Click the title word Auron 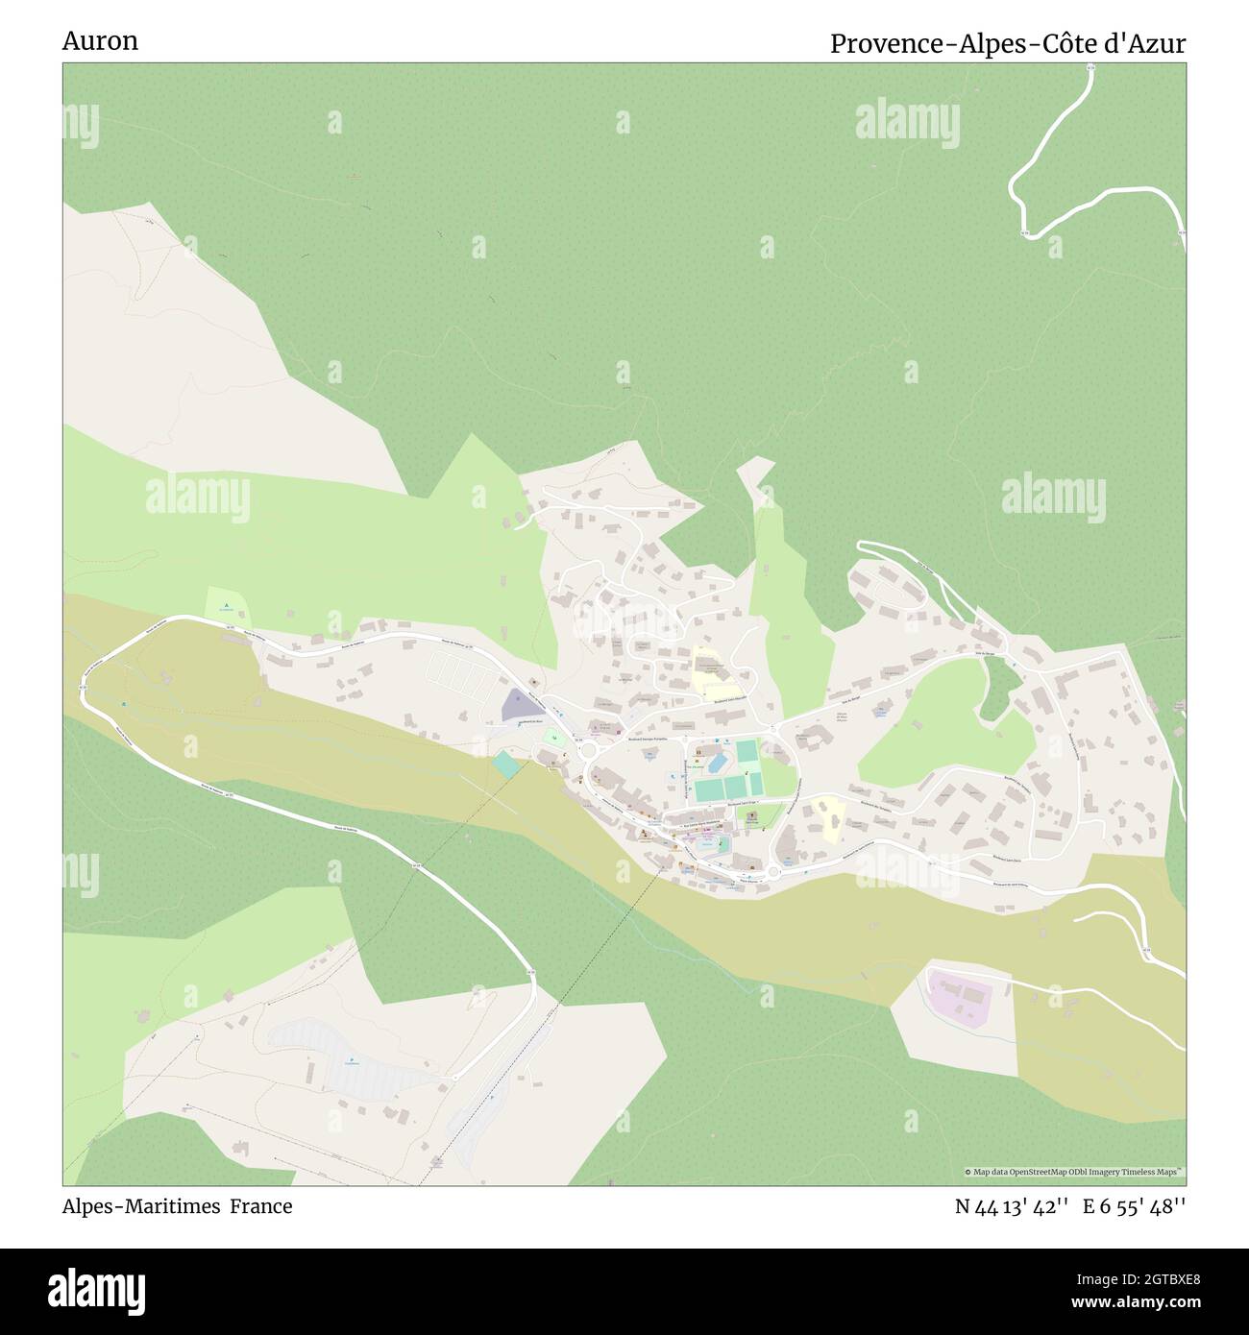[100, 40]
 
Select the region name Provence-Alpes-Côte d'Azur [1008, 43]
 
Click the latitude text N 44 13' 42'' [1012, 1207]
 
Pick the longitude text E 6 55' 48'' [1135, 1207]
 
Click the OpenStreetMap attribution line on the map [1074, 1172]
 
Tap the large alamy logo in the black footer [96, 1290]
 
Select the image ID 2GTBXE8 [1149, 1279]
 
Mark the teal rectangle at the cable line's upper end [505, 765]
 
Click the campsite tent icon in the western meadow [225, 607]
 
